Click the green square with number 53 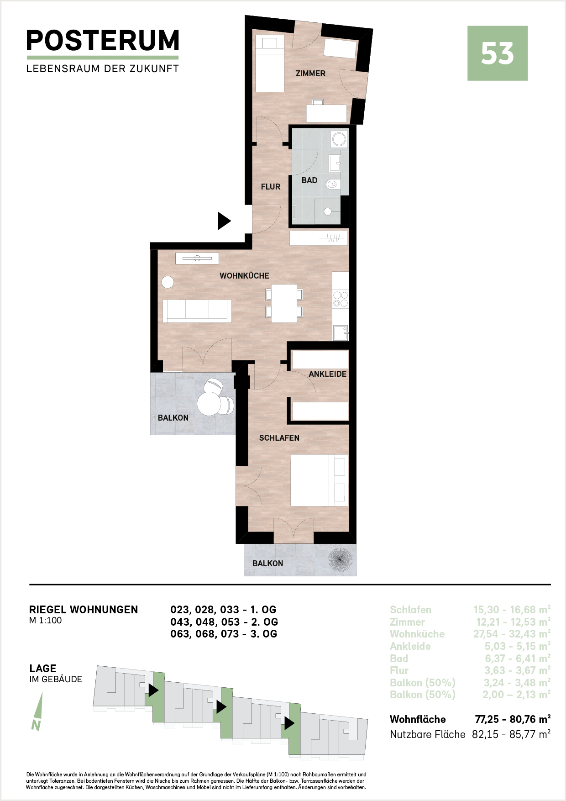point(498,53)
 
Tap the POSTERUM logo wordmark point(103,41)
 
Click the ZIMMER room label point(310,74)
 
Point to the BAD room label point(309,180)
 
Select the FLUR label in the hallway point(271,187)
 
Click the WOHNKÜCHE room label point(244,276)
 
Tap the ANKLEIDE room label point(328,374)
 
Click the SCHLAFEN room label point(279,438)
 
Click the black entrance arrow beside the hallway point(224,221)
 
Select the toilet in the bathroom point(332,185)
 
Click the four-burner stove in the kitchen point(341,300)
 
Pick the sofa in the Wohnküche point(197,311)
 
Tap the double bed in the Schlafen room point(320,480)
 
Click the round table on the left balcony point(209,404)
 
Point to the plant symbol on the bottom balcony point(340,560)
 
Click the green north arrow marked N point(38,711)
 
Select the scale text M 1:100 point(45,621)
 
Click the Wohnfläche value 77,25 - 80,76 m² point(513,719)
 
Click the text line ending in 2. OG point(224,622)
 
